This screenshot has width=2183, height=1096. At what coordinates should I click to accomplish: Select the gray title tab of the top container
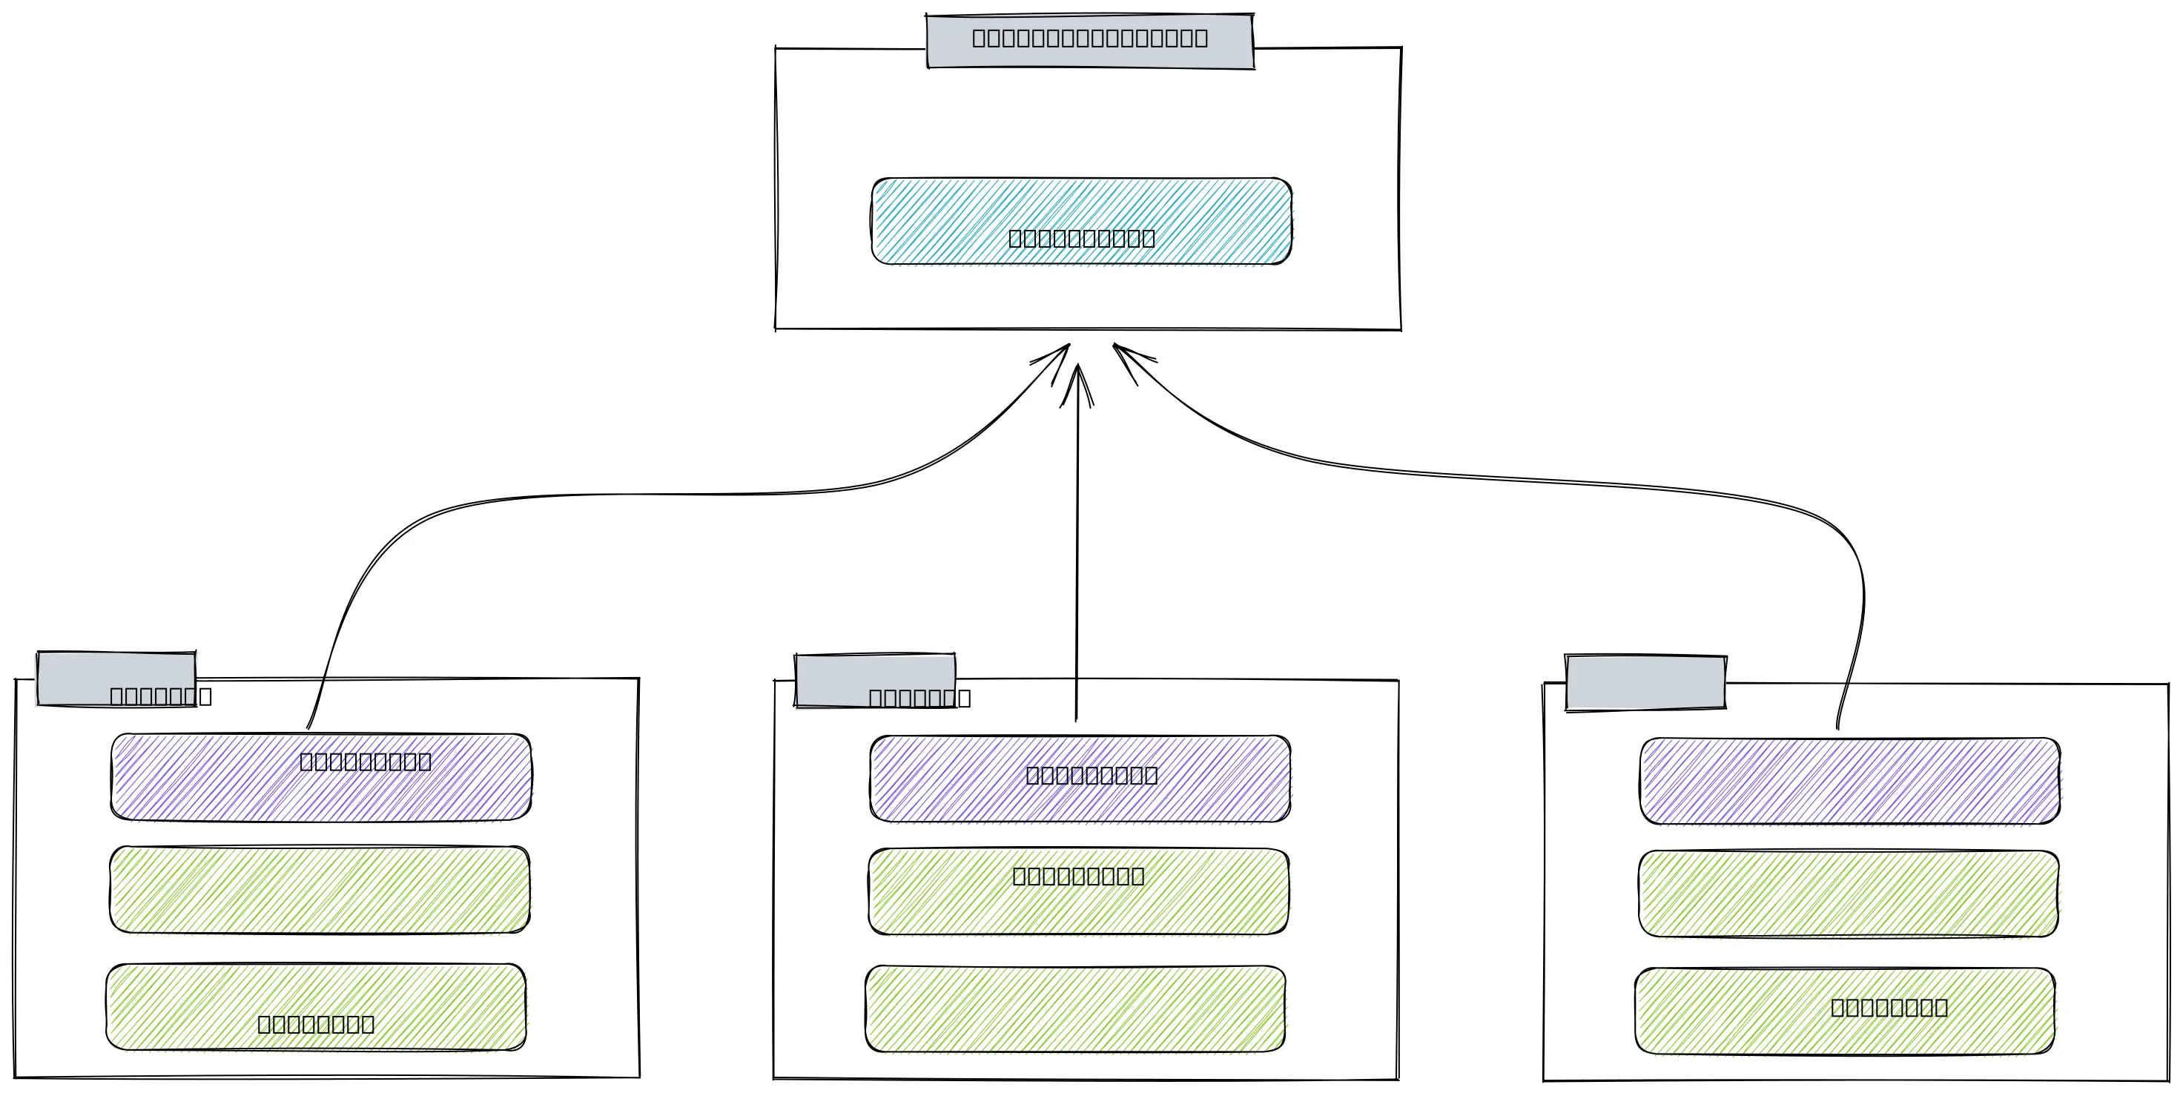point(1090,40)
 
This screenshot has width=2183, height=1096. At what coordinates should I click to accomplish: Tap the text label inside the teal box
point(1081,238)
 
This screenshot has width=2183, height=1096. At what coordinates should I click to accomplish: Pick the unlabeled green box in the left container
point(320,889)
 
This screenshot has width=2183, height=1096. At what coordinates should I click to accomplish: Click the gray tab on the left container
point(116,678)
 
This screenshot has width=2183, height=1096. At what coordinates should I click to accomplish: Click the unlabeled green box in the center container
point(1074,1008)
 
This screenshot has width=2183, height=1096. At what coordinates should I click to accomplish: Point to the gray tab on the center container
point(874,680)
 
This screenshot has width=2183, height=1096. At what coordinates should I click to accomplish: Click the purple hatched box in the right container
point(1849,781)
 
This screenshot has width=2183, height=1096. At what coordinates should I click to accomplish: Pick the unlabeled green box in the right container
point(1849,894)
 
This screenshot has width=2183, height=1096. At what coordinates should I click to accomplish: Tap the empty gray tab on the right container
point(1645,682)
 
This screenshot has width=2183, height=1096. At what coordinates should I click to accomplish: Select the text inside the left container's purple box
point(366,761)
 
